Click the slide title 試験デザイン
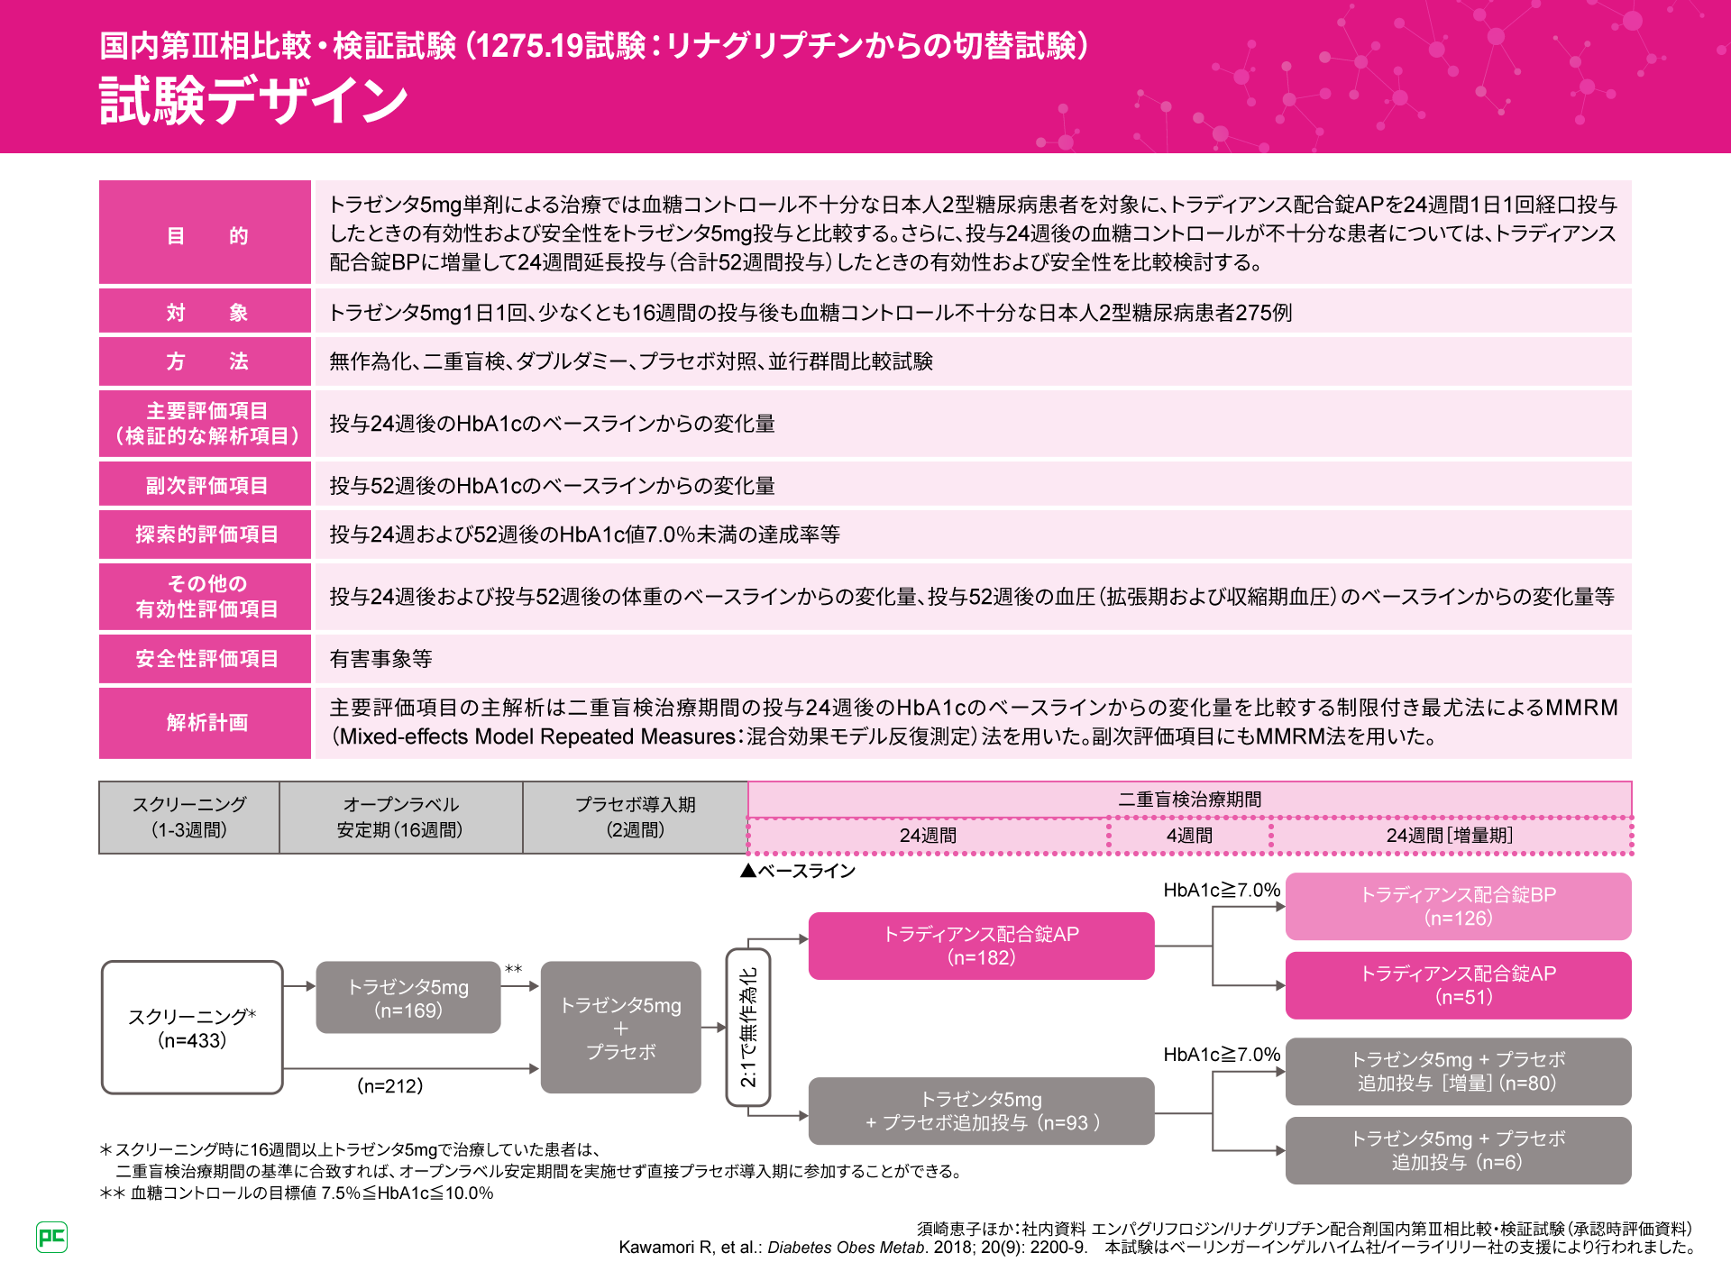tap(253, 100)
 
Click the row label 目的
tap(206, 235)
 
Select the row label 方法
tap(206, 361)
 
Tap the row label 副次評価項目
tap(206, 486)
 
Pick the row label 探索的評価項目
tap(206, 535)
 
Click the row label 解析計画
tap(206, 723)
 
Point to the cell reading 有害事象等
tap(380, 659)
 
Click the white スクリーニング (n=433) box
tap(192, 1028)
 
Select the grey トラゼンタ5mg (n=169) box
tap(408, 998)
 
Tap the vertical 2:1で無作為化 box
tap(748, 1027)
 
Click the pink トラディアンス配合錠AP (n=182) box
tap(981, 946)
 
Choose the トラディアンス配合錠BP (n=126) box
tap(1458, 906)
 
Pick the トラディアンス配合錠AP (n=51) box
tap(1458, 985)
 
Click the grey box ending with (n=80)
tap(1458, 1071)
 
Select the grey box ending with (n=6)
tap(1458, 1150)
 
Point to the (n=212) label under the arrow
tap(390, 1086)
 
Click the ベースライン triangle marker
tap(747, 871)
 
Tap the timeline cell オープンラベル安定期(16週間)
tap(400, 818)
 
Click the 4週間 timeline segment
tap(1189, 836)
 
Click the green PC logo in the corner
tap(51, 1237)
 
